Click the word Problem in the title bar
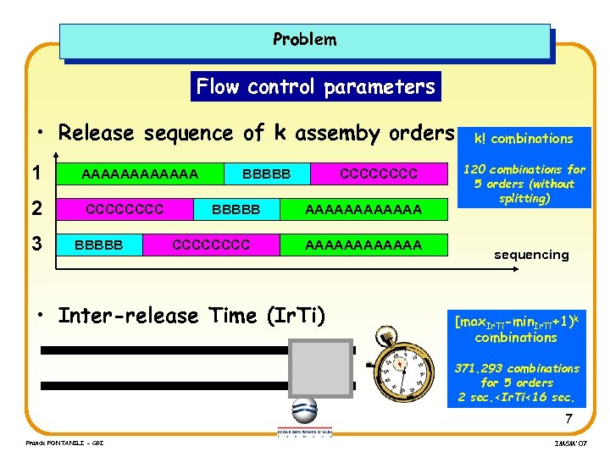click(304, 39)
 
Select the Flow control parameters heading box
click(315, 86)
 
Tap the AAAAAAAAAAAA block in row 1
click(139, 174)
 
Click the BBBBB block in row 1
click(266, 174)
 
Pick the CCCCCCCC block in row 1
click(379, 174)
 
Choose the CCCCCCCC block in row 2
click(125, 208)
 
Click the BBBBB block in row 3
click(99, 245)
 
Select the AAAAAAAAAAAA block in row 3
click(363, 245)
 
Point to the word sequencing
click(531, 254)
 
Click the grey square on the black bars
click(320, 370)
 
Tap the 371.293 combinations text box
click(517, 383)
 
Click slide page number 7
click(568, 419)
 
